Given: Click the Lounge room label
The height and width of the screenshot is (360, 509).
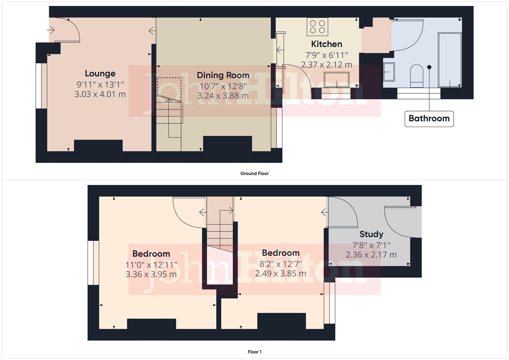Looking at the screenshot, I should pos(100,74).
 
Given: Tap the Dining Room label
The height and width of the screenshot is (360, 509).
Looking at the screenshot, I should pos(223,75).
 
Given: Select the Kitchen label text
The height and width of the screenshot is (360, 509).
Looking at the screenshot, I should pos(326,44).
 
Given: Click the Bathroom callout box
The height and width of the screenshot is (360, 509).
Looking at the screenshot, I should pos(429,119).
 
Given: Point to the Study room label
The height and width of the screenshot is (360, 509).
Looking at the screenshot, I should pos(371,234).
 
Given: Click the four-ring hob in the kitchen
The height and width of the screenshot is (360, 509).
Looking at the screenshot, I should pos(317,27).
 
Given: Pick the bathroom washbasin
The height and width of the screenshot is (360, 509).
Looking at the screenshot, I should pos(389,72).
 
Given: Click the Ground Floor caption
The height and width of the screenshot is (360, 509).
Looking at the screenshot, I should pos(254,173).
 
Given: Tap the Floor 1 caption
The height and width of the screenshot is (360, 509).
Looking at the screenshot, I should pos(254,352).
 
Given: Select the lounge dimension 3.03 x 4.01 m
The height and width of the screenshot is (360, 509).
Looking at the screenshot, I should pos(100,94).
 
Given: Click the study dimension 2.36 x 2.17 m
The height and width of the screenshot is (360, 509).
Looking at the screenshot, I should pos(371,255).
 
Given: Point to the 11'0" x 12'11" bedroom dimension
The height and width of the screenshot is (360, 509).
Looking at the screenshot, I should pos(151,265).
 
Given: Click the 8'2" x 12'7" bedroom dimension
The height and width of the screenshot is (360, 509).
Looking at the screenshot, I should pos(281,264).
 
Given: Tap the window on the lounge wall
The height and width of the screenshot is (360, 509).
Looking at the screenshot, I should pos(42,86).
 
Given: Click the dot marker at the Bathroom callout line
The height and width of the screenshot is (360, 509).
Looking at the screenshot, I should pos(429,67).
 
